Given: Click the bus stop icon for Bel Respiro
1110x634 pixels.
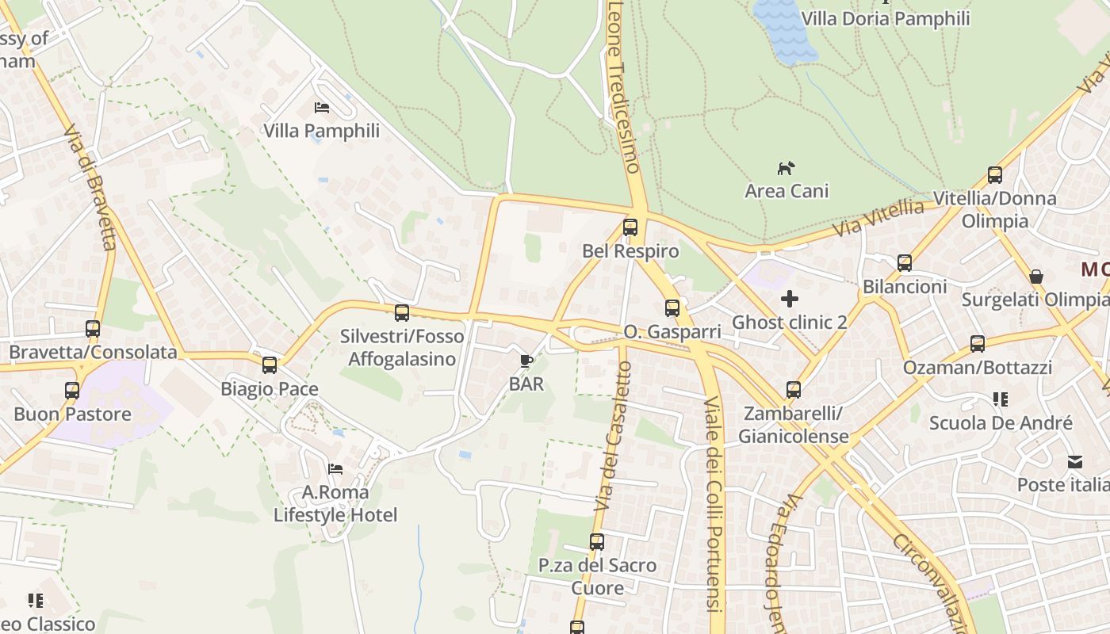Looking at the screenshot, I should click(630, 227).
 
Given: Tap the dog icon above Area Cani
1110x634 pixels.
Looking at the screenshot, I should click(786, 168).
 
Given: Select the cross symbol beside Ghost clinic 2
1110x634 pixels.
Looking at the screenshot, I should click(790, 299).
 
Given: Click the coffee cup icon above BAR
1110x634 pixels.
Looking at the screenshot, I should click(526, 361).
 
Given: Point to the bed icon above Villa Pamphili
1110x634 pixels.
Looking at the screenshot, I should click(321, 107).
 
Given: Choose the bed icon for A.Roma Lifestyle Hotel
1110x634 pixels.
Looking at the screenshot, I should click(335, 469).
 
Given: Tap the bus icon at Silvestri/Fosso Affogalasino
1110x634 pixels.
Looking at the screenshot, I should click(402, 312).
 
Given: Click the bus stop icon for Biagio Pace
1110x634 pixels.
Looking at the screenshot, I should click(270, 365).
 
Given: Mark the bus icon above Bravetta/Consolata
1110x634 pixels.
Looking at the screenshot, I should click(93, 328).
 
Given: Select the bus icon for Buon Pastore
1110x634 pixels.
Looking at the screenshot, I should click(72, 390).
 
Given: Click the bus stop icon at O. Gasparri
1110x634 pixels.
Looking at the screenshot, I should click(672, 308).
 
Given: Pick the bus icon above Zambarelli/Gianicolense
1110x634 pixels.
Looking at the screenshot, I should click(794, 390).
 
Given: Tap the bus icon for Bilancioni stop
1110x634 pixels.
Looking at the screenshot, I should click(905, 263).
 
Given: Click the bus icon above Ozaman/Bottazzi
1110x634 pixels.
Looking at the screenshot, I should click(978, 344).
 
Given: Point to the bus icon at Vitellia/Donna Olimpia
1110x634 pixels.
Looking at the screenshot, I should click(995, 175).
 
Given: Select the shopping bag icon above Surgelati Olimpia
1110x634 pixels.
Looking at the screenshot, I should click(1035, 277).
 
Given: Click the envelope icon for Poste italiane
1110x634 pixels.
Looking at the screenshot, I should click(1075, 461).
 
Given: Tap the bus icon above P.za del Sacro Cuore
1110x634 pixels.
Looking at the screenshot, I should click(597, 542).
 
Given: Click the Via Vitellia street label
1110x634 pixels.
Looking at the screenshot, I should click(878, 220).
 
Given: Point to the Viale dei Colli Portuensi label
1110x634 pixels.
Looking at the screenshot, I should click(714, 499).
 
